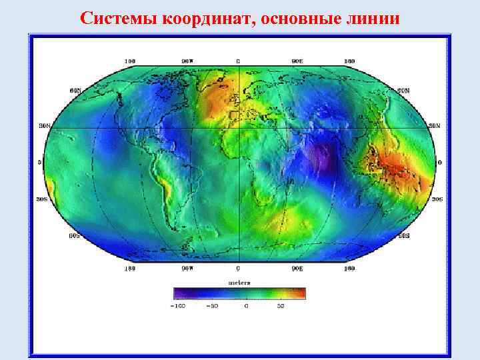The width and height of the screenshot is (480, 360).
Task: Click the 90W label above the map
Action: (189, 61)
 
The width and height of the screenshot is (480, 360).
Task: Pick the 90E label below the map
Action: (297, 269)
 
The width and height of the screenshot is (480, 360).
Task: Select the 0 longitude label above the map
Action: (238, 61)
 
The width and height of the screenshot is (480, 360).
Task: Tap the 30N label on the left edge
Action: (44, 125)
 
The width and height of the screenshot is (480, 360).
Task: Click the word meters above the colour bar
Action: (239, 282)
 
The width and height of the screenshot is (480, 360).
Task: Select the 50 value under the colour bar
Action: (281, 306)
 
